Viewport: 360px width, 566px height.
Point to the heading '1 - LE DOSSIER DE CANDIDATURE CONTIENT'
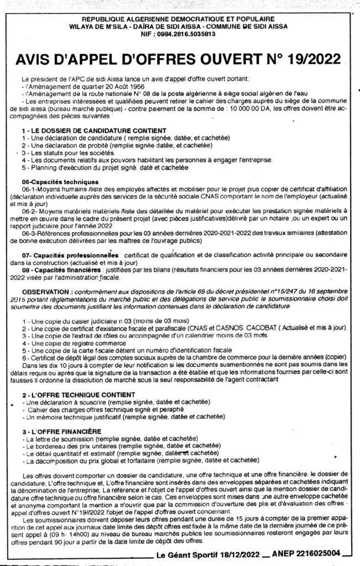point(79,129)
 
